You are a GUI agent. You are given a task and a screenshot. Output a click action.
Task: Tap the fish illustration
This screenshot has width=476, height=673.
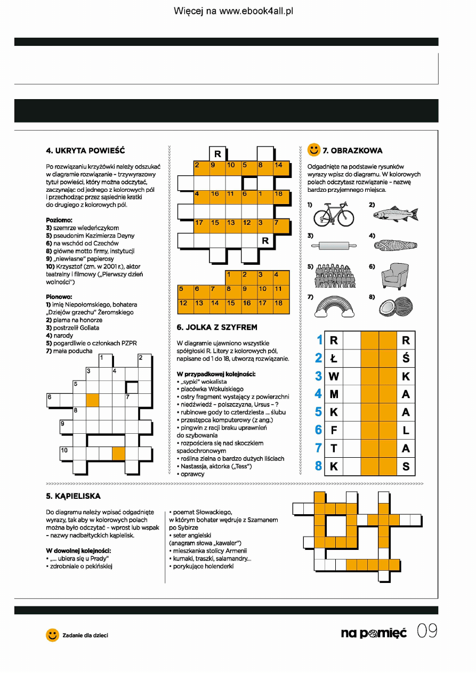396,214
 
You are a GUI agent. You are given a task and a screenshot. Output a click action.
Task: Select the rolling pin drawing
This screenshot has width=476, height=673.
334,246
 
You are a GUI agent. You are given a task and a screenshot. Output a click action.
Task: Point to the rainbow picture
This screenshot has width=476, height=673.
334,307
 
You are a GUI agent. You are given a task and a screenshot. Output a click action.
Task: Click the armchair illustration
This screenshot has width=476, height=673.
395,277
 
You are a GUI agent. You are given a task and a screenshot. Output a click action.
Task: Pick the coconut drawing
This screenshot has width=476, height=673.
396,307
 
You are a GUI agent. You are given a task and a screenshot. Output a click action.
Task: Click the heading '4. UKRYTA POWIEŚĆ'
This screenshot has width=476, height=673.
86,150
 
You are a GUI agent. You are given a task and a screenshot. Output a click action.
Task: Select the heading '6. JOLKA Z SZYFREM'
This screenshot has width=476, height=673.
217,327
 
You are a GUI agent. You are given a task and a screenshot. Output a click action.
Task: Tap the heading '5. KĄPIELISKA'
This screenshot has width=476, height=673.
74,496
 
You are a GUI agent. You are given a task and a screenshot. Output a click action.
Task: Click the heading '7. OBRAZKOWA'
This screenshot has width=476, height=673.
352,150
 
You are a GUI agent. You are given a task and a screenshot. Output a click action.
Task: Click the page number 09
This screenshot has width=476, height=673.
427,632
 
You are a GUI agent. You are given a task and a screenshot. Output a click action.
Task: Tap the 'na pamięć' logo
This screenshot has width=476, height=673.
374,633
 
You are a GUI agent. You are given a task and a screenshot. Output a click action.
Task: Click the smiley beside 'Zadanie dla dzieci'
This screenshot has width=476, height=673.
52,635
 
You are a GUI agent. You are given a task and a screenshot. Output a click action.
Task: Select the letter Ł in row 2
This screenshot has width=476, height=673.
334,358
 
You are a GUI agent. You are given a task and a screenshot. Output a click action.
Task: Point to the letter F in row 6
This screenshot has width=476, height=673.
334,430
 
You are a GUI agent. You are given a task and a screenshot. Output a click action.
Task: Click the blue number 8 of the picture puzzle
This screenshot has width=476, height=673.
319,466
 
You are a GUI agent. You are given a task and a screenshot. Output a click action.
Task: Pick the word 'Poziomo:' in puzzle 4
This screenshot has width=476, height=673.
59,220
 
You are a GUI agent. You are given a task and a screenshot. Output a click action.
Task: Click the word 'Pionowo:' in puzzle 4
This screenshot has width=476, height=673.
59,297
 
